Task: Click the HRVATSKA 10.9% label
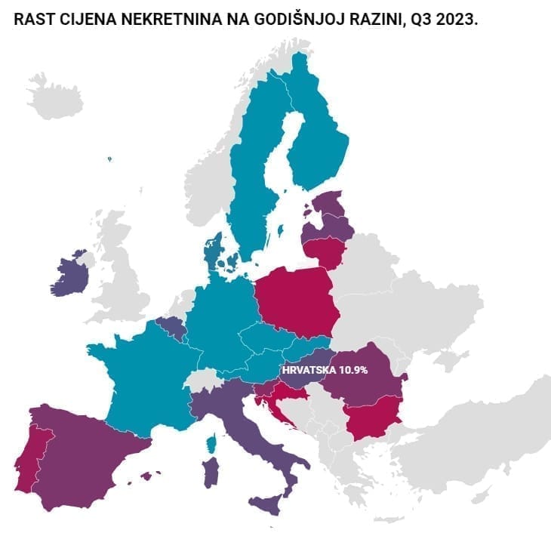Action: [325, 371]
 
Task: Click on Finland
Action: [317, 143]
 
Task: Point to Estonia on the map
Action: [326, 203]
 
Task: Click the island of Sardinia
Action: [212, 473]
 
